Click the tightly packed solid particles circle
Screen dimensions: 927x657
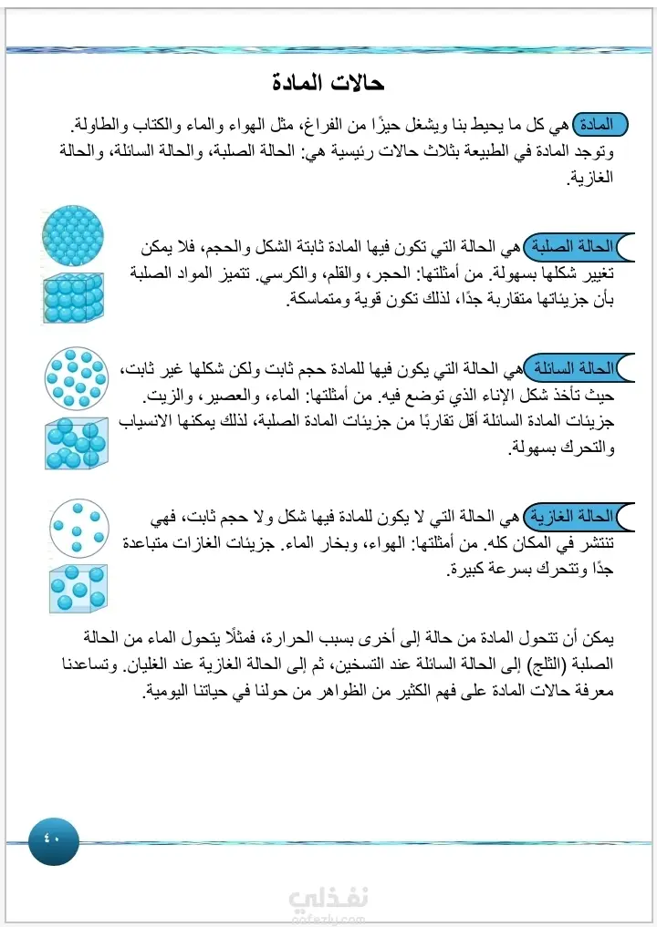[73, 235]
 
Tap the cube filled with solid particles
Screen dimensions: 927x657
[73, 297]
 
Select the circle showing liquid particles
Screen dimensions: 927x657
[76, 377]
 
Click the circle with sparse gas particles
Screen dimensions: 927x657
[78, 527]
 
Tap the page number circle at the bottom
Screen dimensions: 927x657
[54, 840]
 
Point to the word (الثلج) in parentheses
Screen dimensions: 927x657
[545, 663]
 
